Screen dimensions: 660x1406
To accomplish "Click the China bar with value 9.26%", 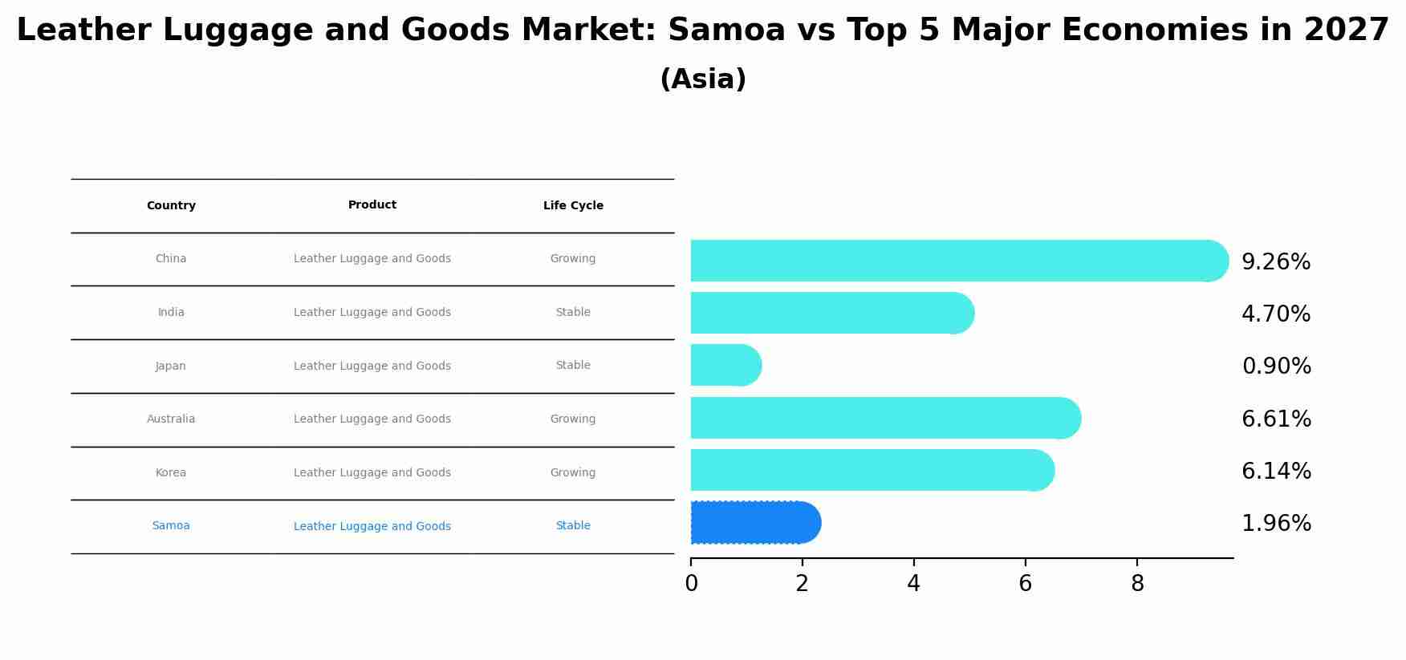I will (x=955, y=261).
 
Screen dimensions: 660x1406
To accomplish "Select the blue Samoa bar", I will (x=754, y=523).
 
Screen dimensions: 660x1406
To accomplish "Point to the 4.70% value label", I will (x=1275, y=314).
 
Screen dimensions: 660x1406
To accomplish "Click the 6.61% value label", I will (x=1275, y=419).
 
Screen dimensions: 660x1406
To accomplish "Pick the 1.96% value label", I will (x=1275, y=524).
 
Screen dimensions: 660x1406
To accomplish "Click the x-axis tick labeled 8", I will (x=1136, y=584).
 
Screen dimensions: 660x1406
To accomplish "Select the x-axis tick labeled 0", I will (x=691, y=584).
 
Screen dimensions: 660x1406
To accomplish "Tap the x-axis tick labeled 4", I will (x=913, y=584).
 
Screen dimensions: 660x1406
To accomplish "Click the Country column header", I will (x=171, y=206).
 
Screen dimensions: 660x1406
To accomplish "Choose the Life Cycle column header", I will (x=573, y=206).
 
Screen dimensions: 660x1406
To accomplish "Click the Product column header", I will (x=372, y=205).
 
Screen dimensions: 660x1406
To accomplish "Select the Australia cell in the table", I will (x=171, y=419).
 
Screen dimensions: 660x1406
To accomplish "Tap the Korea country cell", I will (x=171, y=473).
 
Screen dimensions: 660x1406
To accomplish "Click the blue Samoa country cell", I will (x=171, y=526).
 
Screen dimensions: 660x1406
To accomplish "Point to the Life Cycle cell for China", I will (x=573, y=259).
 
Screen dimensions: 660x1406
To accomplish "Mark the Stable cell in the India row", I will (x=573, y=313).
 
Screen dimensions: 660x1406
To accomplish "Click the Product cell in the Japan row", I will (x=372, y=366).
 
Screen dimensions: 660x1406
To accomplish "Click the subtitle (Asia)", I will (x=703, y=79).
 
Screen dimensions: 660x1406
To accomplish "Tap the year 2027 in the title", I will (x=1346, y=30).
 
